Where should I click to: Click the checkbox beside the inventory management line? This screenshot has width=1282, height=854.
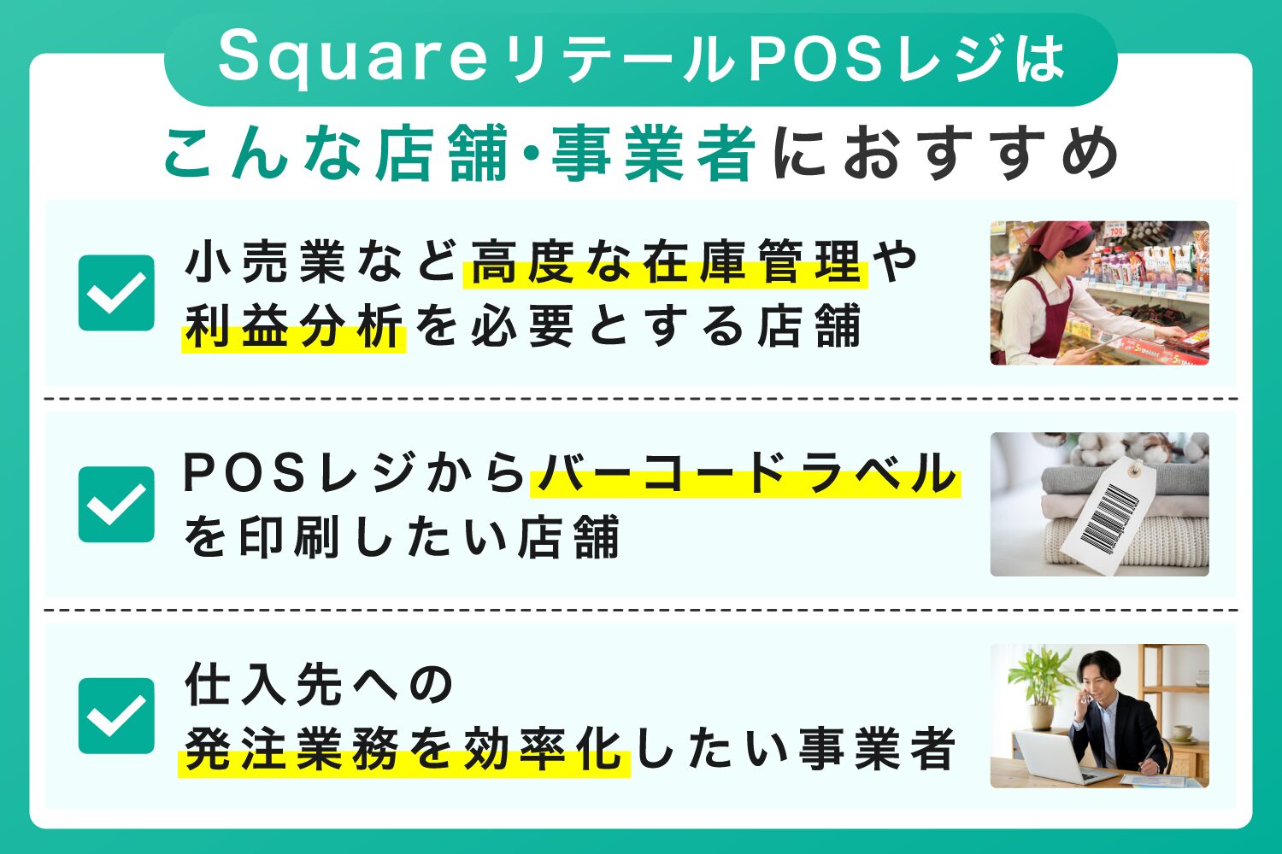tap(116, 293)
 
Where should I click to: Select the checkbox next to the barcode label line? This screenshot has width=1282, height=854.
tap(116, 504)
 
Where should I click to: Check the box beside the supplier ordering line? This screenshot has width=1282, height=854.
tap(116, 716)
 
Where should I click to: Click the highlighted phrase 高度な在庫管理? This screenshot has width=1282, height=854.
tap(665, 263)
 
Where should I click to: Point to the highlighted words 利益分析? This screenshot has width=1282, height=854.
tap(293, 327)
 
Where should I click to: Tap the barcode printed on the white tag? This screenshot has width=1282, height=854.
tap(1109, 518)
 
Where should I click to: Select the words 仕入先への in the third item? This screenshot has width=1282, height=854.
tap(320, 685)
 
